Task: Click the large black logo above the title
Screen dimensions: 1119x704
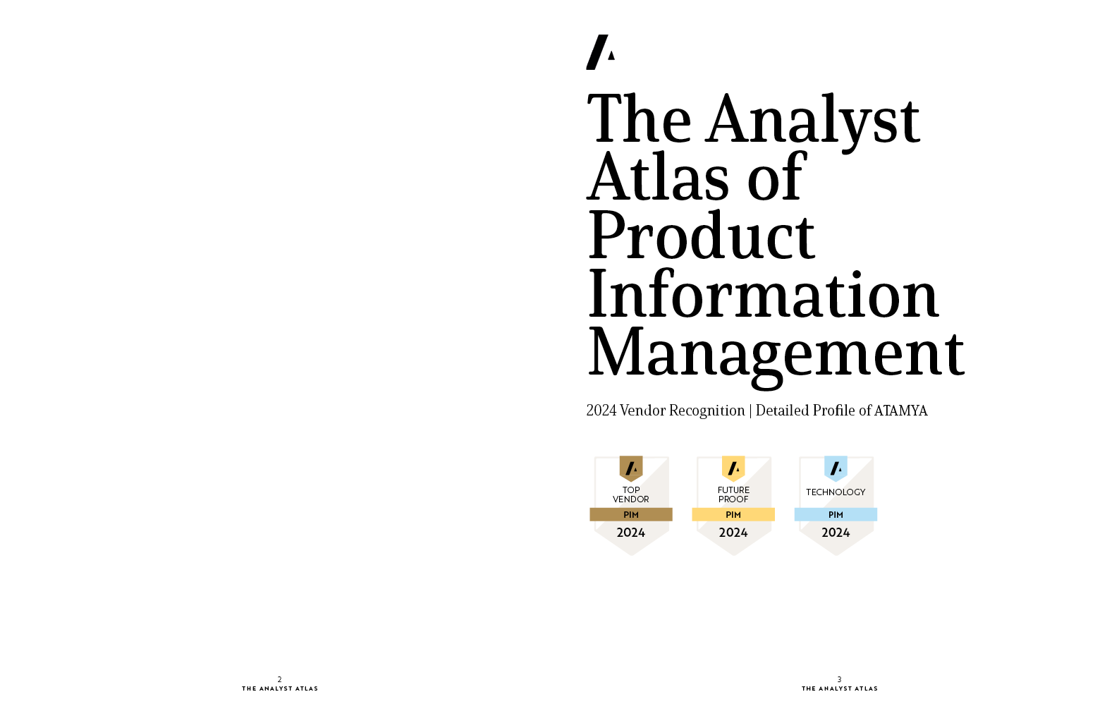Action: point(600,52)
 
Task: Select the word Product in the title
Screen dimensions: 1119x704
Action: point(701,235)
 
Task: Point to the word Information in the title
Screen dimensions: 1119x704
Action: point(763,293)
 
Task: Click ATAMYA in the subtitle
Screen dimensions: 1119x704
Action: point(900,411)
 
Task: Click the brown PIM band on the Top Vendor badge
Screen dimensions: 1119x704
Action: point(631,515)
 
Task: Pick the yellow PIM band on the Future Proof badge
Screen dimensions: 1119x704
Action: point(733,515)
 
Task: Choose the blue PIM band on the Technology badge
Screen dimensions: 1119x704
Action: point(836,515)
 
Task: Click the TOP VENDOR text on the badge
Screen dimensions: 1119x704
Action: point(631,494)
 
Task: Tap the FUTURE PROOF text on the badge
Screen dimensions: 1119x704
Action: point(733,494)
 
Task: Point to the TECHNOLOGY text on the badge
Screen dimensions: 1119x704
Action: point(836,492)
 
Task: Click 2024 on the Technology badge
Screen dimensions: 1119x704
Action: point(836,533)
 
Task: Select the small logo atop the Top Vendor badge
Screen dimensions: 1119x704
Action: point(631,468)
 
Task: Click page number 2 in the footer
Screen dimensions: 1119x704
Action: point(280,679)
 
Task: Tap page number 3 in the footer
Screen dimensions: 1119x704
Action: point(839,679)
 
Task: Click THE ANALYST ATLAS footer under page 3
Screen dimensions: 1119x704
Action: point(840,688)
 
